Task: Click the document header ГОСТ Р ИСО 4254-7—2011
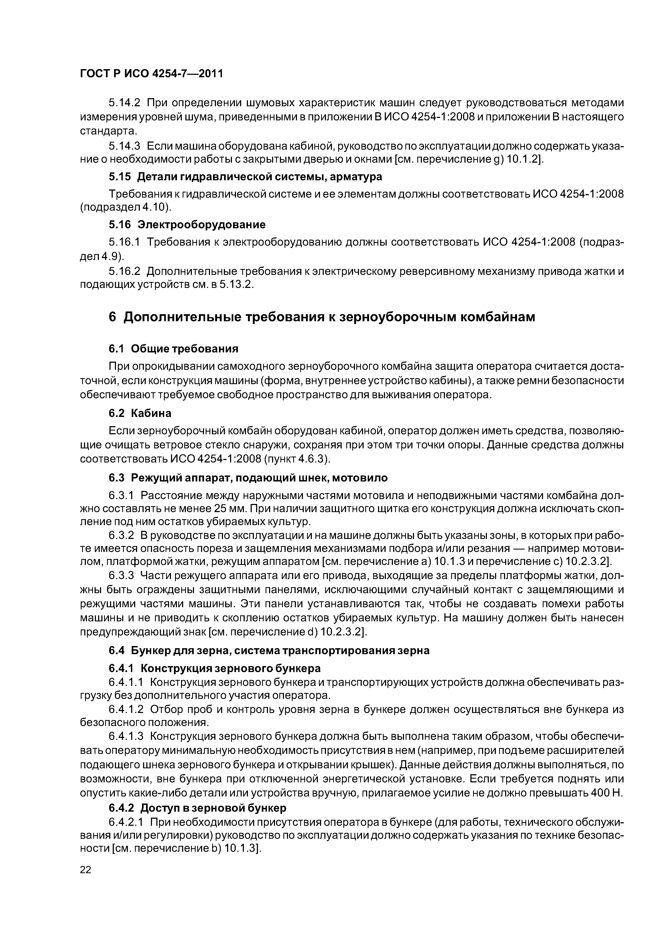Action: (x=151, y=74)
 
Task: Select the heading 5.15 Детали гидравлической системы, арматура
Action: (x=245, y=177)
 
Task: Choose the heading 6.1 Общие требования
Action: (x=173, y=349)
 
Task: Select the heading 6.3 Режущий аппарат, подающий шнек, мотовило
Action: (x=248, y=478)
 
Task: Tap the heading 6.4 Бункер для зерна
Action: (x=269, y=651)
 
